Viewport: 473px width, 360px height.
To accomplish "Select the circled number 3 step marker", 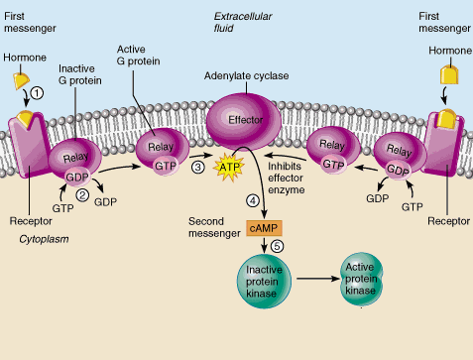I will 198,168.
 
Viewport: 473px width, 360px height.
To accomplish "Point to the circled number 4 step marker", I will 252,203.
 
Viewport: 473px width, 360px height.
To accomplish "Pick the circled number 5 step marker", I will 276,246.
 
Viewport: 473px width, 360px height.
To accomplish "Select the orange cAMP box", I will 262,228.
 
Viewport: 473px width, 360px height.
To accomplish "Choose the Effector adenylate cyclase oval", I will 243,120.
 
